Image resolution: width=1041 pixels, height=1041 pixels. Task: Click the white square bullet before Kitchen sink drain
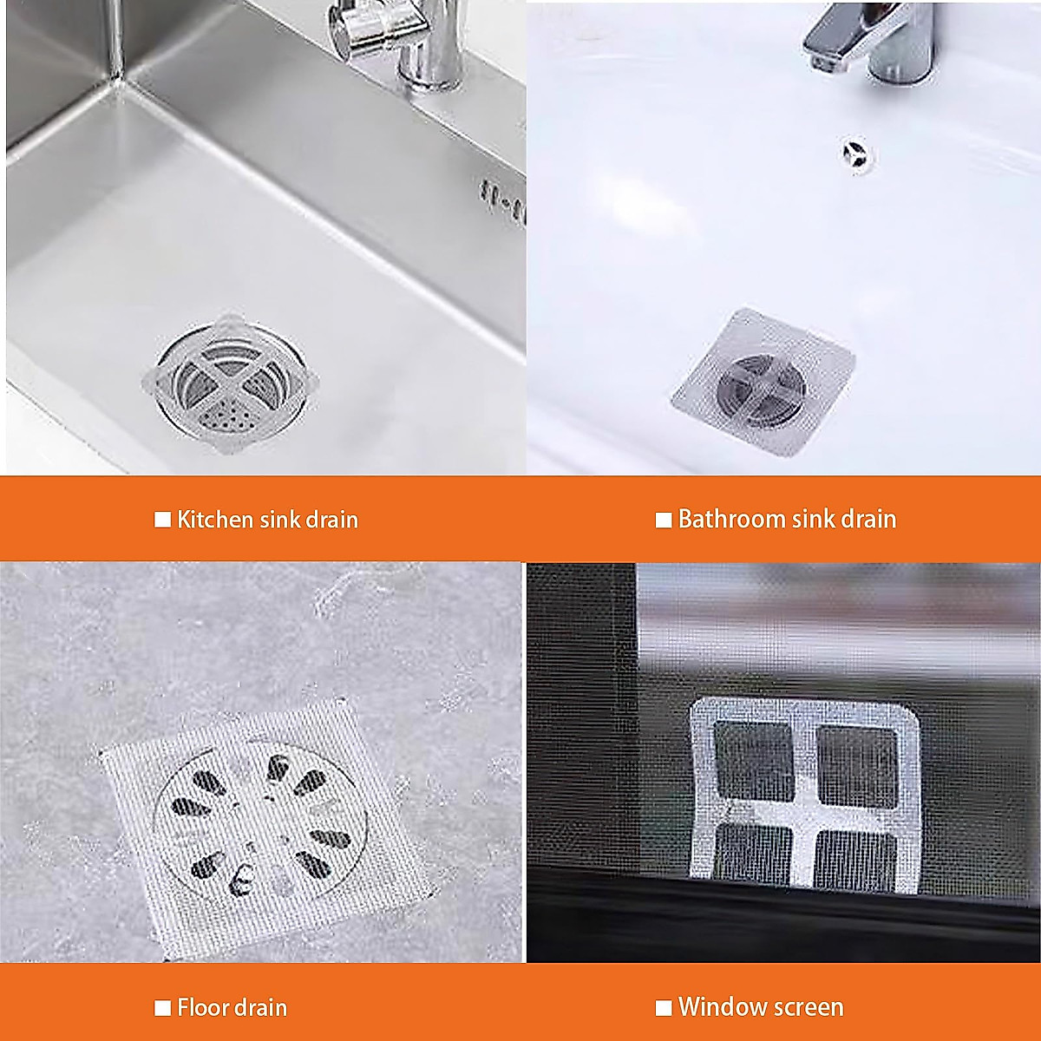pos(162,520)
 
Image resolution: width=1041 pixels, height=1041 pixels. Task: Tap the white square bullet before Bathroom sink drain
pos(664,520)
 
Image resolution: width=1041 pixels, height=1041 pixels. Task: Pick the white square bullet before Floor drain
pos(162,1008)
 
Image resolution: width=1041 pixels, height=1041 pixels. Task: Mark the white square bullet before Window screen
pos(664,1008)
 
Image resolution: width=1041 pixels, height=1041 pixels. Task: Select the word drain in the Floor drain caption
pos(260,1007)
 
